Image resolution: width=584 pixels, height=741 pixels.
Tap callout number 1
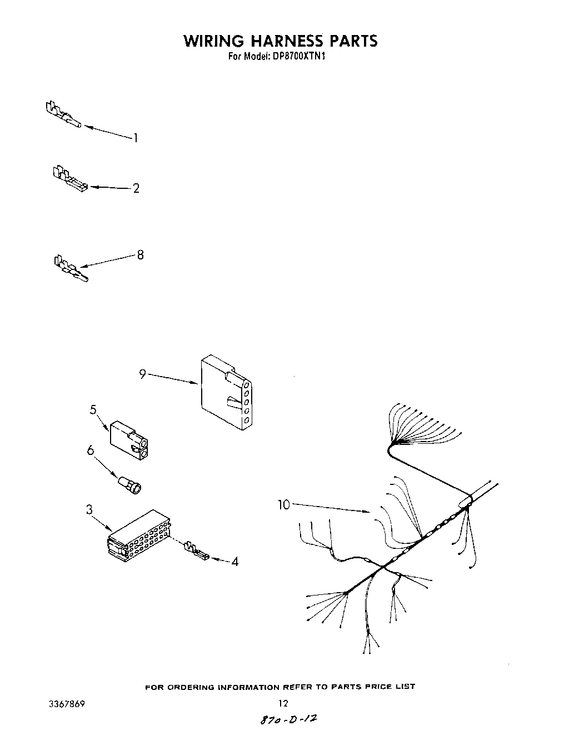tap(135, 138)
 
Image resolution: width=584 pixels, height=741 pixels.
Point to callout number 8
tap(140, 255)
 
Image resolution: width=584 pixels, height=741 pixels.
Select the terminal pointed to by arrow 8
tap(70, 269)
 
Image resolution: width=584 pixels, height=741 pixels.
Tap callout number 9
tap(142, 374)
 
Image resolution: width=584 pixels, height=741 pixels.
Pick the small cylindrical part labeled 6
tap(130, 485)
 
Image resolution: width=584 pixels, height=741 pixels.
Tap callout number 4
tap(235, 562)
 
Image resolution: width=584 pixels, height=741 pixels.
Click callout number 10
tap(284, 504)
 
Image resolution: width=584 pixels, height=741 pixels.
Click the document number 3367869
tap(66, 703)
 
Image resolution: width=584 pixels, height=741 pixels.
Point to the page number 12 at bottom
tap(283, 703)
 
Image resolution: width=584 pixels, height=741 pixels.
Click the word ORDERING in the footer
tap(192, 687)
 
